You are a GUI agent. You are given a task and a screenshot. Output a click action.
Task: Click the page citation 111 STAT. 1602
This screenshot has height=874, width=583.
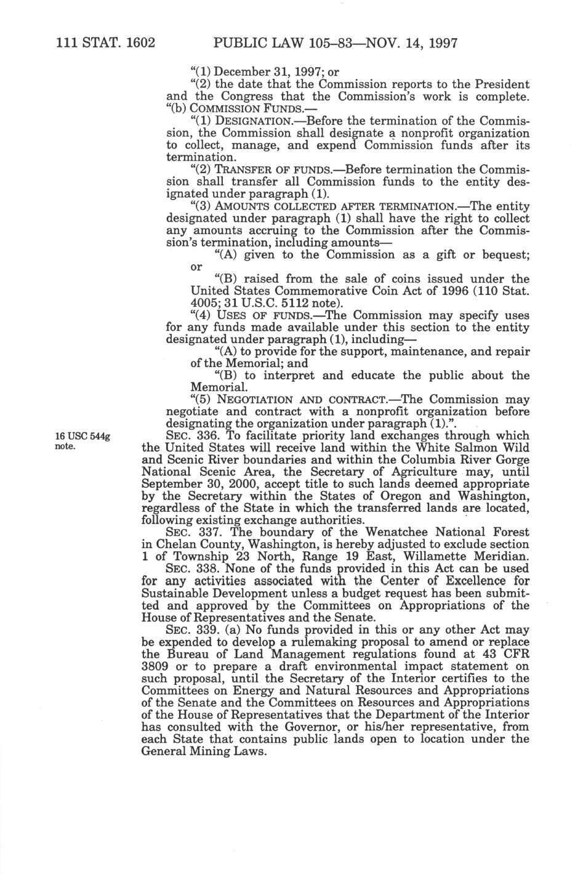coord(104,44)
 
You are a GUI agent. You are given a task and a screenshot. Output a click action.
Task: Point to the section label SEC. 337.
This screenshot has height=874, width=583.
coord(194,532)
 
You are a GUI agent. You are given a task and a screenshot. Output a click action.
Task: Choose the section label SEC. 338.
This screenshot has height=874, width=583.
coord(195,569)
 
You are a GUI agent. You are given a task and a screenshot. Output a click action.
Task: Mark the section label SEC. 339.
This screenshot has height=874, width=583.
coord(194,629)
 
